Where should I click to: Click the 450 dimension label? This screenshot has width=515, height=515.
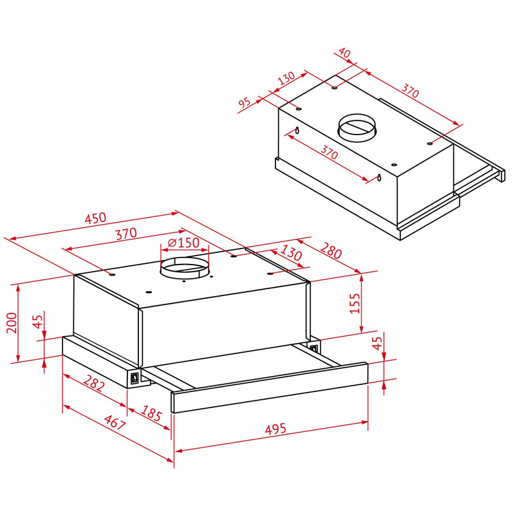click(x=95, y=218)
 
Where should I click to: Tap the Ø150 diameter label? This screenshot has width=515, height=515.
click(x=183, y=243)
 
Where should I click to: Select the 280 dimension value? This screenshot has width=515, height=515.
click(x=331, y=250)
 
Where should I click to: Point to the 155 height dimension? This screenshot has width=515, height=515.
click(x=355, y=303)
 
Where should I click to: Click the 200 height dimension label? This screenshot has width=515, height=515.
click(x=12, y=323)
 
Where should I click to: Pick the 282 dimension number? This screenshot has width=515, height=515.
click(x=94, y=382)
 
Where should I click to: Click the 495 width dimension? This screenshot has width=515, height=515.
click(x=276, y=429)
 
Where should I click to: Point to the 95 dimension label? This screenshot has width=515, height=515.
click(x=245, y=103)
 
